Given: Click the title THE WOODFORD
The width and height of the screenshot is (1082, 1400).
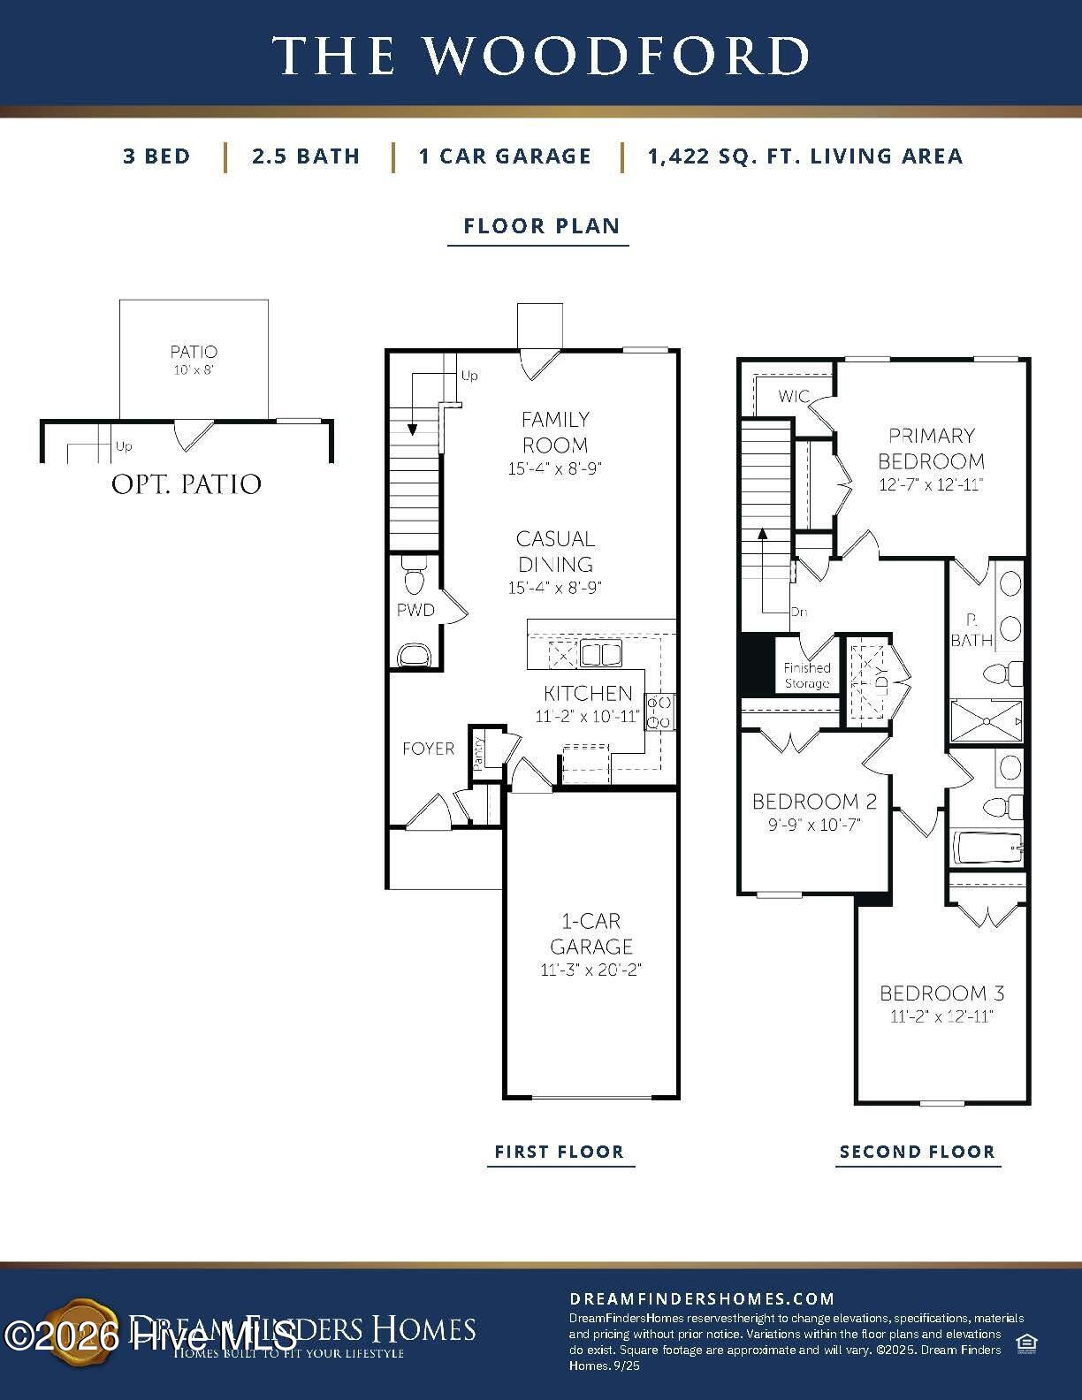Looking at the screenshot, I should [x=540, y=55].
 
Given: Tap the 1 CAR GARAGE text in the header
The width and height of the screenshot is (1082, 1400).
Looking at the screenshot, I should [x=505, y=156].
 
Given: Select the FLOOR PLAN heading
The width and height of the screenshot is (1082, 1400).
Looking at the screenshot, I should [x=541, y=226].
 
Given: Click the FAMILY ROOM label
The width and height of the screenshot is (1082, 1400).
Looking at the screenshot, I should [x=554, y=432].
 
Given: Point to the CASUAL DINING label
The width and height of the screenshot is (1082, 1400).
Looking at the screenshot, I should [x=554, y=551].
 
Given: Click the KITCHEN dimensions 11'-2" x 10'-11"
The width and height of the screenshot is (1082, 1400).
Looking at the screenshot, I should [x=587, y=717].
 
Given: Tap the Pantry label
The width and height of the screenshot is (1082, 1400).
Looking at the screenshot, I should [x=478, y=754].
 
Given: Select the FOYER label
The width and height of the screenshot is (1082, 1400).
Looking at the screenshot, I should [x=428, y=749].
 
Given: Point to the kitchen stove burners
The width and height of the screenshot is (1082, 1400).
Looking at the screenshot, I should [x=659, y=712].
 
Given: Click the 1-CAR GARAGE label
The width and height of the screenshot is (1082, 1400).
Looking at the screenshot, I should [x=591, y=933].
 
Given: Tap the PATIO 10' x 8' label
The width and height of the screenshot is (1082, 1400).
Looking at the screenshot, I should [x=194, y=360].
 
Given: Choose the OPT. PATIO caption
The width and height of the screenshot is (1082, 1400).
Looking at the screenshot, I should [x=187, y=484].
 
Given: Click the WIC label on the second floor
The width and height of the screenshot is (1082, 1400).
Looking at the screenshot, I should [x=793, y=397].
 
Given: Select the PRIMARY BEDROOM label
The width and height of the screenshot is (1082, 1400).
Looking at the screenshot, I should [x=931, y=448].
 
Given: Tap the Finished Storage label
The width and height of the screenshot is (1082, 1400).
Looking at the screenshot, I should [x=806, y=675].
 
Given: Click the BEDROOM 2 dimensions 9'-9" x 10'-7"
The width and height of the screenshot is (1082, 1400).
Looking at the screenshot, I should [x=813, y=825].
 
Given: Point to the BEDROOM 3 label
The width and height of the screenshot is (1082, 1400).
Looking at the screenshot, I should [x=941, y=993].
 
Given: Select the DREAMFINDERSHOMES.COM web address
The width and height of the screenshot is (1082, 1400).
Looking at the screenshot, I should [x=701, y=1298].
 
